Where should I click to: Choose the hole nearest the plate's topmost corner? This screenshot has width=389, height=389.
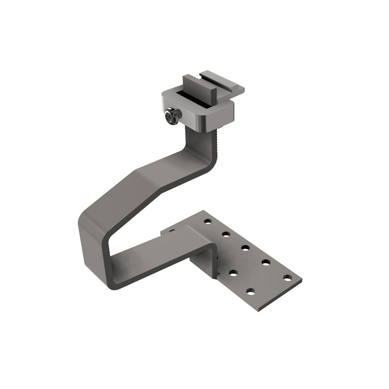click(x=208, y=221)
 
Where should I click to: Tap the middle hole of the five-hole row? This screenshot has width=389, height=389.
click(x=246, y=248)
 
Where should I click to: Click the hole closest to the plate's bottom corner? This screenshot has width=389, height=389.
click(x=250, y=291)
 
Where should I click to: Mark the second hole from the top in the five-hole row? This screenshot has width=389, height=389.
click(x=226, y=234)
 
